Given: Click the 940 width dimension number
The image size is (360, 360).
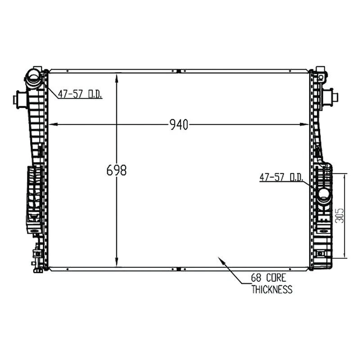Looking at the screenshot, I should (179, 125).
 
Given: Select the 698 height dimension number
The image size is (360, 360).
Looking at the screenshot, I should (117, 170).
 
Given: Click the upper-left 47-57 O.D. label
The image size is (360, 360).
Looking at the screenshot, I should (80, 94).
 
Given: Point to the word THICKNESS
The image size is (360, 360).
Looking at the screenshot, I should (272, 289).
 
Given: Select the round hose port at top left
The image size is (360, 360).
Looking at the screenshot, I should (33, 78).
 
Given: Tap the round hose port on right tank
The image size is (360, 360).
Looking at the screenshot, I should (324, 194).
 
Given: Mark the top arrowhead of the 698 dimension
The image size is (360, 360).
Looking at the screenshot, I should (117, 76).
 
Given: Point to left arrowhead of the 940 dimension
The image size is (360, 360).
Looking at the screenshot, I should (51, 125).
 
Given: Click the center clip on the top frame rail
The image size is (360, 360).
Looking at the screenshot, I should (179, 71).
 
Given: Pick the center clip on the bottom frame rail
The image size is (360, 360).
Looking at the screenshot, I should (179, 269).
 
